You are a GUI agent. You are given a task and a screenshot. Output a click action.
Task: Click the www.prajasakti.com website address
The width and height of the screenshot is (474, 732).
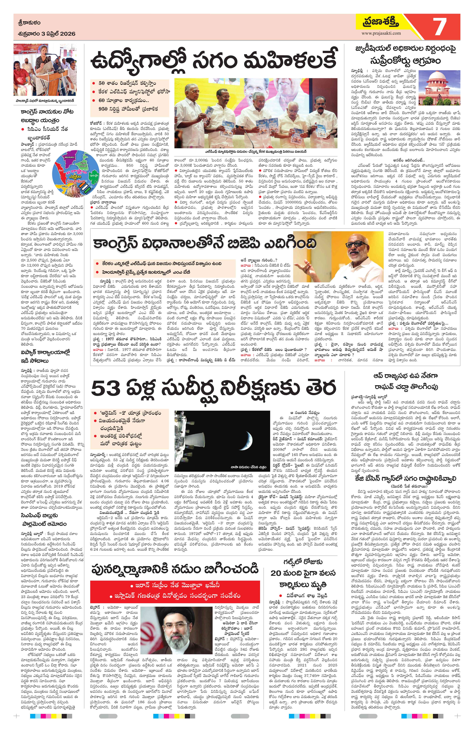381,33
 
